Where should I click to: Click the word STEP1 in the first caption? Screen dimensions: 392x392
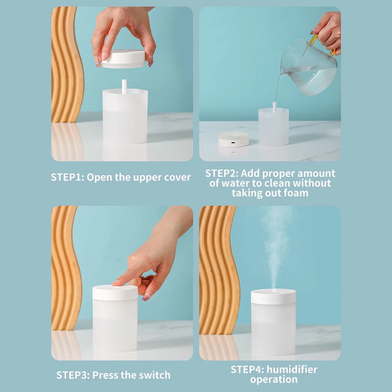[67, 177]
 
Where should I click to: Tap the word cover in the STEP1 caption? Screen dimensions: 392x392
[177, 177]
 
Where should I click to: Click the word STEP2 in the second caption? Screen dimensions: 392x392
[222, 173]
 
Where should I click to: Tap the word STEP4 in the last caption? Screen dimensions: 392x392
[247, 370]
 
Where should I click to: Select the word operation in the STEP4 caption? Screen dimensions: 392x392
[274, 380]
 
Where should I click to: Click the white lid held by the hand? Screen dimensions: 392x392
[124, 58]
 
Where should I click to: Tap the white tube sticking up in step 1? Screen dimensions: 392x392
[124, 87]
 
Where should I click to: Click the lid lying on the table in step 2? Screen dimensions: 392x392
[234, 139]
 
